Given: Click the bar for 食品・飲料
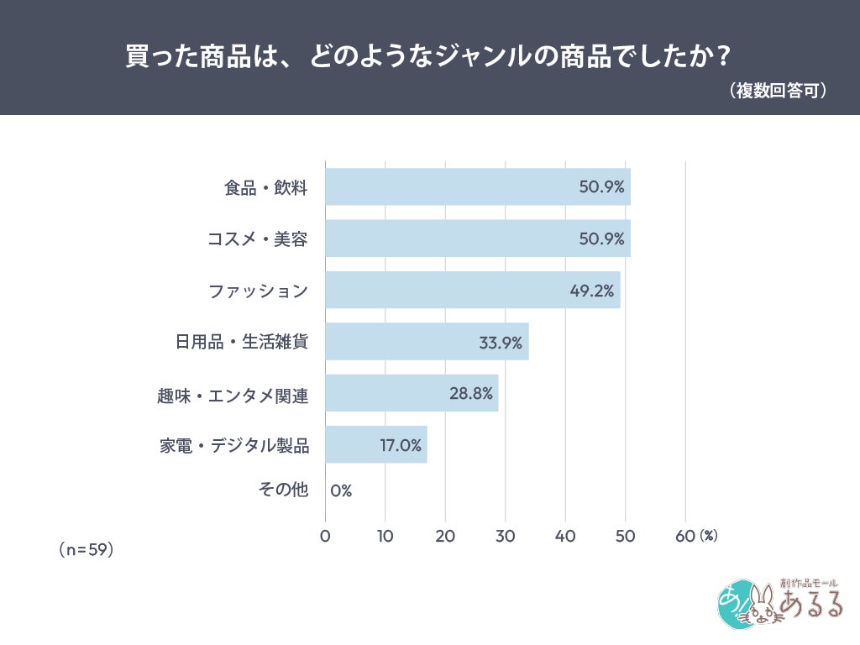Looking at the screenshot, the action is point(478,186).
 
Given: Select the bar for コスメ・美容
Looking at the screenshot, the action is point(478,238).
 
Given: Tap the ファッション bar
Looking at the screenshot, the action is point(473,290).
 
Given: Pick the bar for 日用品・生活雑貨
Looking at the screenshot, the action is point(427,341).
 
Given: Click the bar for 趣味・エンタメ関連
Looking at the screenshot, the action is point(412,393).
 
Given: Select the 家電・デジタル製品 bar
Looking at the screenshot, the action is point(376,444).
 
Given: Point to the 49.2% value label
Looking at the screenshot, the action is point(592,290).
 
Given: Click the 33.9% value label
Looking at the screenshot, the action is point(501,343).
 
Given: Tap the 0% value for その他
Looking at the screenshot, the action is point(341,490).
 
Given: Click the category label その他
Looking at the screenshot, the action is point(283,489).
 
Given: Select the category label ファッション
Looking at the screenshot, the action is point(258,291).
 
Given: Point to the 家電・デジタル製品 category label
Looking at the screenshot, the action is point(234,445).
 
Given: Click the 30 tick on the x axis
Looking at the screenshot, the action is point(505,536).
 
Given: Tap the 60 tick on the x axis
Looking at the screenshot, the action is point(685,536).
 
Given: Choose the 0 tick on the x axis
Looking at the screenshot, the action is point(325,536).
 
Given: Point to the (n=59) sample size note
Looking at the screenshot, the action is point(87,549).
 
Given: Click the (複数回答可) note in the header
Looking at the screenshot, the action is point(778,91).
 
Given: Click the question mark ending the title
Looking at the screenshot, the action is point(724,56).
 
